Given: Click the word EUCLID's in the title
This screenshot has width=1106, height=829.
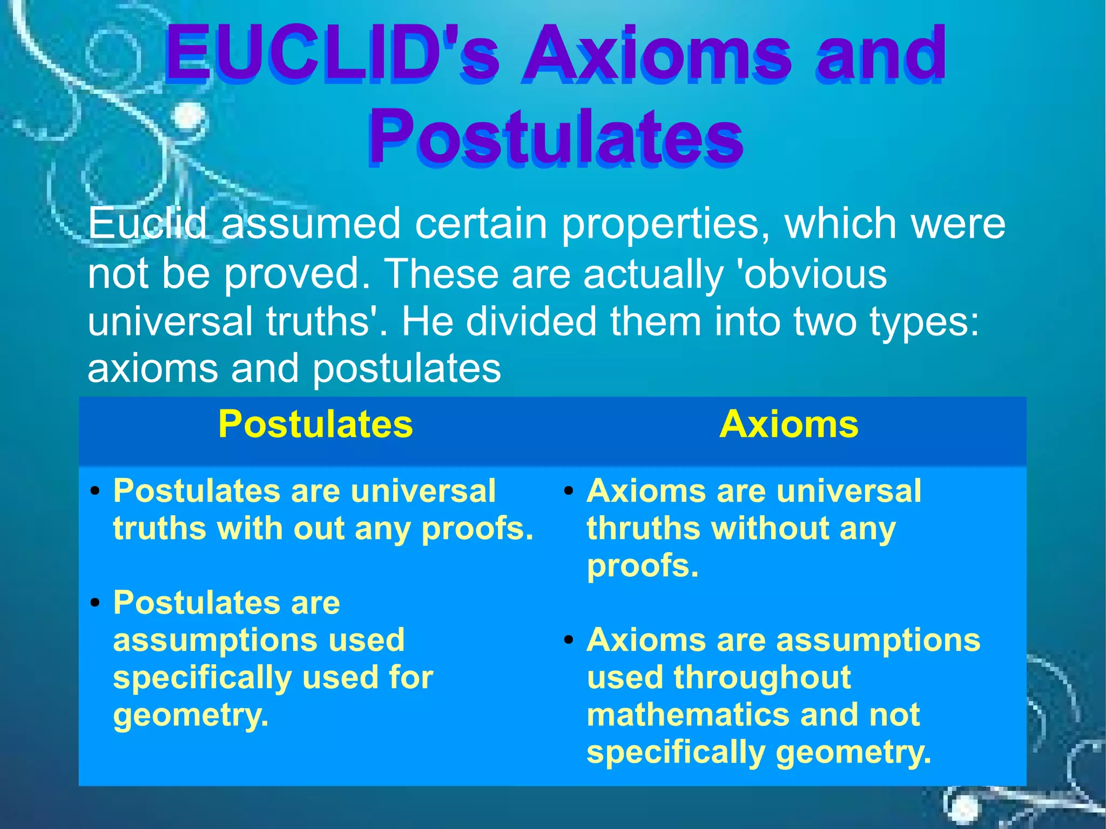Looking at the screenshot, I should (332, 56).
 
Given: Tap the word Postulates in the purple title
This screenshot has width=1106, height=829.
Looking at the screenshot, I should (556, 136).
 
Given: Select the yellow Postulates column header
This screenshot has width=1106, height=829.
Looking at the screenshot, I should (315, 424).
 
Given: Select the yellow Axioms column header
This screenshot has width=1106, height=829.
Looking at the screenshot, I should (788, 424).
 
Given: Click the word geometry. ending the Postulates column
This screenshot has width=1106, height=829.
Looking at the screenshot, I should (191, 716).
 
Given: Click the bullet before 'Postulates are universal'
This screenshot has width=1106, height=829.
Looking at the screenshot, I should (96, 491).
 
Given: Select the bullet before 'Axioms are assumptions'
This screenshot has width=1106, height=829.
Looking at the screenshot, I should (568, 641).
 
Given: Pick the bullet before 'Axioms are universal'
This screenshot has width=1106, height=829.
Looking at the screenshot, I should (568, 491).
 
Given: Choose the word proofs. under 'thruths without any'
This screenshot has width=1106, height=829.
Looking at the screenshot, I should (643, 566).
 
